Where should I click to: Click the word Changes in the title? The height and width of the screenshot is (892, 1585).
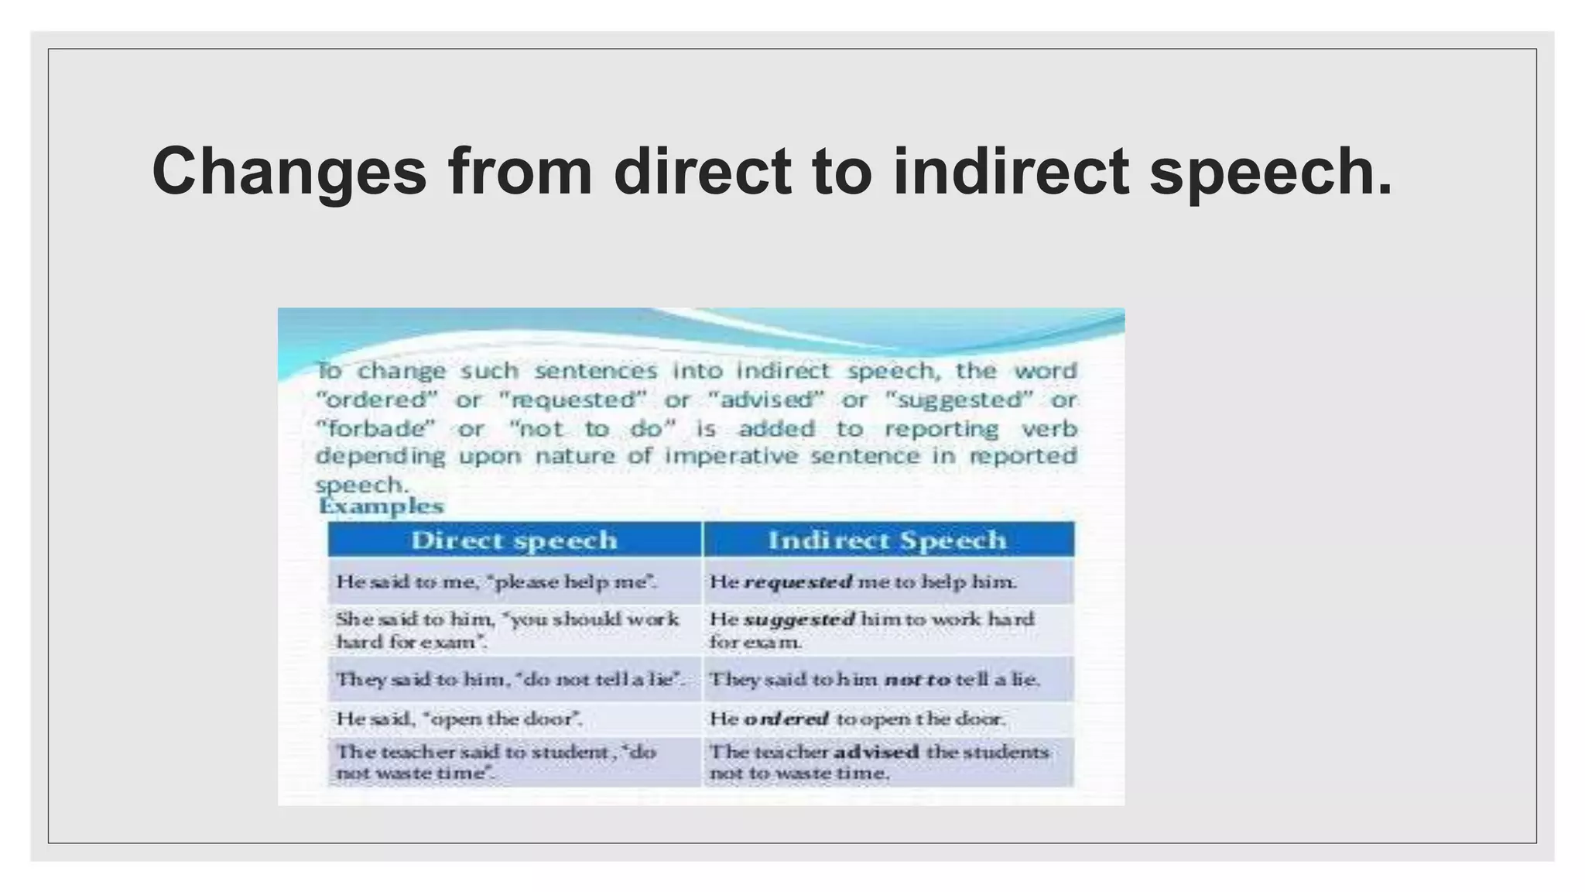(289, 172)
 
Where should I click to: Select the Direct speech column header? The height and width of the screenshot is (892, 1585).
(514, 540)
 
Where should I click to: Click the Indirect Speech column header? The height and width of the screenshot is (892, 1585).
(887, 540)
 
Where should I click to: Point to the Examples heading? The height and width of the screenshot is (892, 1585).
(381, 506)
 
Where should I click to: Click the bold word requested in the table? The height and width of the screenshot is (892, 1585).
(797, 582)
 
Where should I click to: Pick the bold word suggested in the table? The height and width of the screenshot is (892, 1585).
(799, 619)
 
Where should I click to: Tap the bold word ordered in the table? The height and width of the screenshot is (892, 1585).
(786, 719)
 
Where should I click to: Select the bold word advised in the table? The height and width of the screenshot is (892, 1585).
(875, 752)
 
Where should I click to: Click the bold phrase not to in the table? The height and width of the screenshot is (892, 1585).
(916, 680)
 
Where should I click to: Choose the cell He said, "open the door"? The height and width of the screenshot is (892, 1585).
(459, 719)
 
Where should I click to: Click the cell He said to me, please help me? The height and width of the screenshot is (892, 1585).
(496, 582)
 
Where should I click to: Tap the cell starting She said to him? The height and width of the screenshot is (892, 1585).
(507, 630)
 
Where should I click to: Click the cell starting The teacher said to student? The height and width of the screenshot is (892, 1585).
(496, 763)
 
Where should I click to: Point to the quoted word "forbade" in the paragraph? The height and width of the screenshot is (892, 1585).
(375, 429)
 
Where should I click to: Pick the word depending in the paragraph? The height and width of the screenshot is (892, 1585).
(380, 456)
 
